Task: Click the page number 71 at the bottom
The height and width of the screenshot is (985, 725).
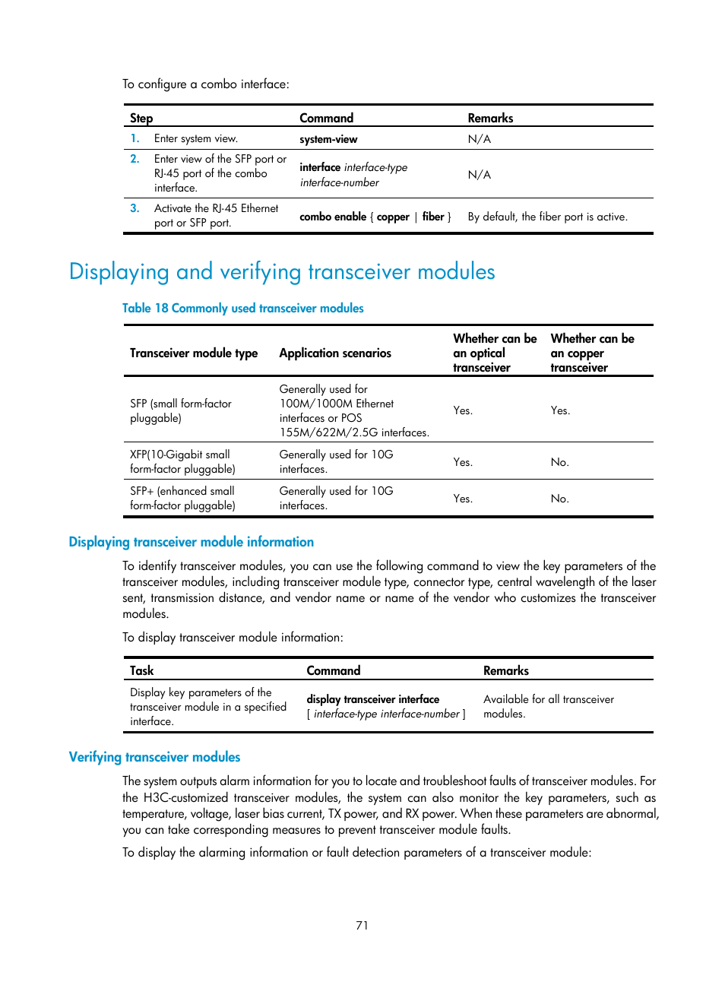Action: pyautogui.click(x=362, y=925)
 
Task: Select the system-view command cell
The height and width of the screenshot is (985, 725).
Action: pyautogui.click(x=328, y=139)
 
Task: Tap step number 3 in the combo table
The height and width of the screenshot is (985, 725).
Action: pyautogui.click(x=135, y=208)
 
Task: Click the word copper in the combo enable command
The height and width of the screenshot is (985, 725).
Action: pyautogui.click(x=393, y=217)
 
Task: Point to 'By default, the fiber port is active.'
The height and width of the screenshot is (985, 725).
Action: pyautogui.click(x=547, y=217)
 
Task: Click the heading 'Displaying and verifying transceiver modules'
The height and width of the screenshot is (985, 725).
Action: pyautogui.click(x=282, y=271)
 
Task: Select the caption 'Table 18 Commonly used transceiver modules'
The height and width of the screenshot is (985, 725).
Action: pyautogui.click(x=242, y=308)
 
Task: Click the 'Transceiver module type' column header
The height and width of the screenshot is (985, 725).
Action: pyautogui.click(x=194, y=353)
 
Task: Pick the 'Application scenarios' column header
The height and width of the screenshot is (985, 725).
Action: pyautogui.click(x=335, y=353)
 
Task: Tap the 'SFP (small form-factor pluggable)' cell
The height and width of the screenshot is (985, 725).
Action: pyautogui.click(x=181, y=410)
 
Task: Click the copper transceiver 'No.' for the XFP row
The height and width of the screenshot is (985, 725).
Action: pyautogui.click(x=559, y=462)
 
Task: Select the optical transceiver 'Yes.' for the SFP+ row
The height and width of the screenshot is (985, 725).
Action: pyautogui.click(x=463, y=499)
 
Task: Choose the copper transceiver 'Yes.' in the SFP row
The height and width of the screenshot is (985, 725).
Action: pyautogui.click(x=560, y=410)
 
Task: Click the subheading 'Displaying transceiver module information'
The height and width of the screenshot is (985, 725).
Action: pyautogui.click(x=191, y=542)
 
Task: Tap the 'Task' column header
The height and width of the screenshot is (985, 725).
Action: pyautogui.click(x=141, y=670)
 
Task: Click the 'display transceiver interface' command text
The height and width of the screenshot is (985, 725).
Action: pyautogui.click(x=372, y=699)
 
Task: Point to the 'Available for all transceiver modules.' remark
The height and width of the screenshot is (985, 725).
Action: pyautogui.click(x=548, y=706)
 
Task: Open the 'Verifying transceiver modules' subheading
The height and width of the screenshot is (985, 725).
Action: pyautogui.click(x=154, y=757)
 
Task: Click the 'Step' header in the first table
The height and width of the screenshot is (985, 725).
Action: pyautogui.click(x=141, y=118)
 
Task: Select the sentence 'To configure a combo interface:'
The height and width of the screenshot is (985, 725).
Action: pyautogui.click(x=206, y=84)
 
